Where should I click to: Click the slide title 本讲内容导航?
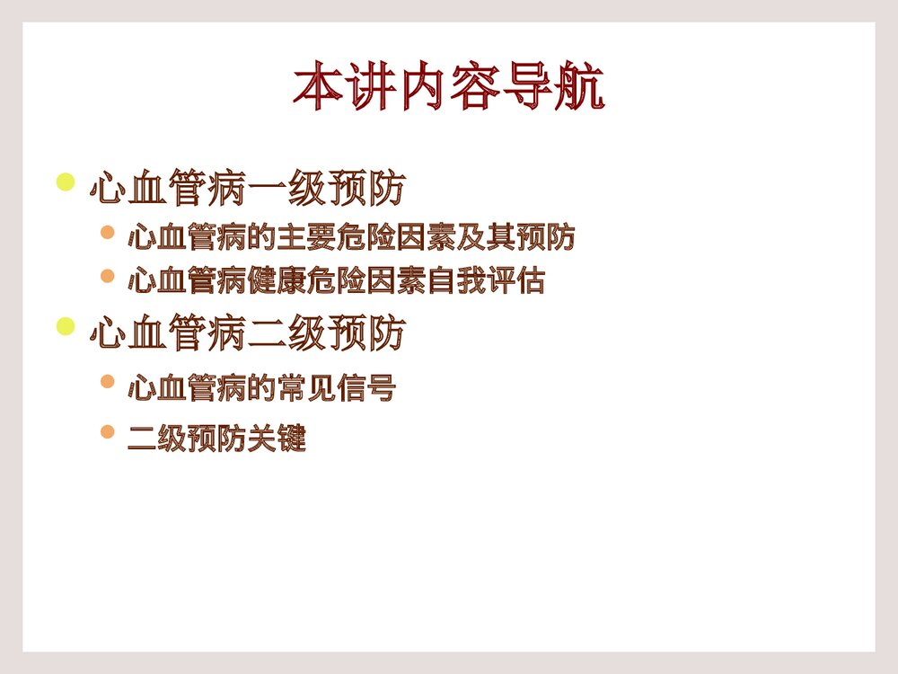pyautogui.click(x=448, y=86)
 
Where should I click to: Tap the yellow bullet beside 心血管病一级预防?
pyautogui.click(x=65, y=182)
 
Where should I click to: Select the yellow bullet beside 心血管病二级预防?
pyautogui.click(x=65, y=325)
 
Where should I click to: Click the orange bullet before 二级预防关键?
pyautogui.click(x=108, y=433)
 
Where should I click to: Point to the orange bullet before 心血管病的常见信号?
pyautogui.click(x=108, y=382)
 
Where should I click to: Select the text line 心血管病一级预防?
pyautogui.click(x=248, y=190)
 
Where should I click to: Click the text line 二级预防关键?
pyautogui.click(x=217, y=440)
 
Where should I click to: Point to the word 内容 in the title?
pyautogui.click(x=448, y=86)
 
